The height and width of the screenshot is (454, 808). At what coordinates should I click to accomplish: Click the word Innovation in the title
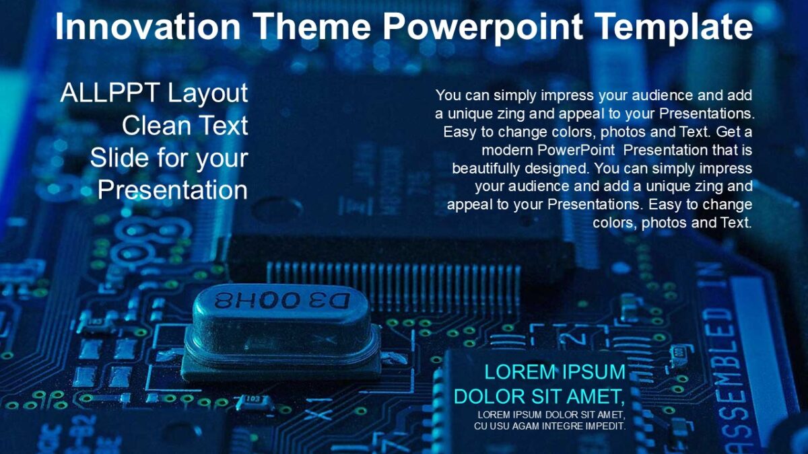tap(147, 27)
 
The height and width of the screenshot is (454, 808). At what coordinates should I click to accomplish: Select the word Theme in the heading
tap(310, 27)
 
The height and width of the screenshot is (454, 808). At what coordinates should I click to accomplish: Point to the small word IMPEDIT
tap(605, 426)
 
